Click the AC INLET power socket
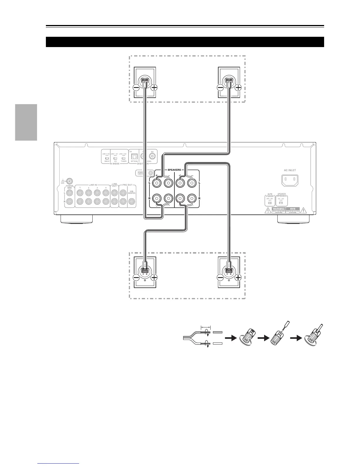tap(290, 180)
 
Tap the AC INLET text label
tap(290, 170)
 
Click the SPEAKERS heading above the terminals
tap(174, 170)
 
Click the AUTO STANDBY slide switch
tap(270, 203)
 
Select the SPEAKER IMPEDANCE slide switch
tap(281, 203)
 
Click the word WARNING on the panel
tap(279, 209)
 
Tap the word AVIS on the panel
tap(293, 209)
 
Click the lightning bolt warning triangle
tap(268, 210)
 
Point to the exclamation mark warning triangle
tap(304, 210)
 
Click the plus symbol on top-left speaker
tap(154, 87)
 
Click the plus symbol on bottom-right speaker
tap(238, 277)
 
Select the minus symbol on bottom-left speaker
tap(136, 277)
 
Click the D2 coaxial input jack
tap(153, 157)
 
